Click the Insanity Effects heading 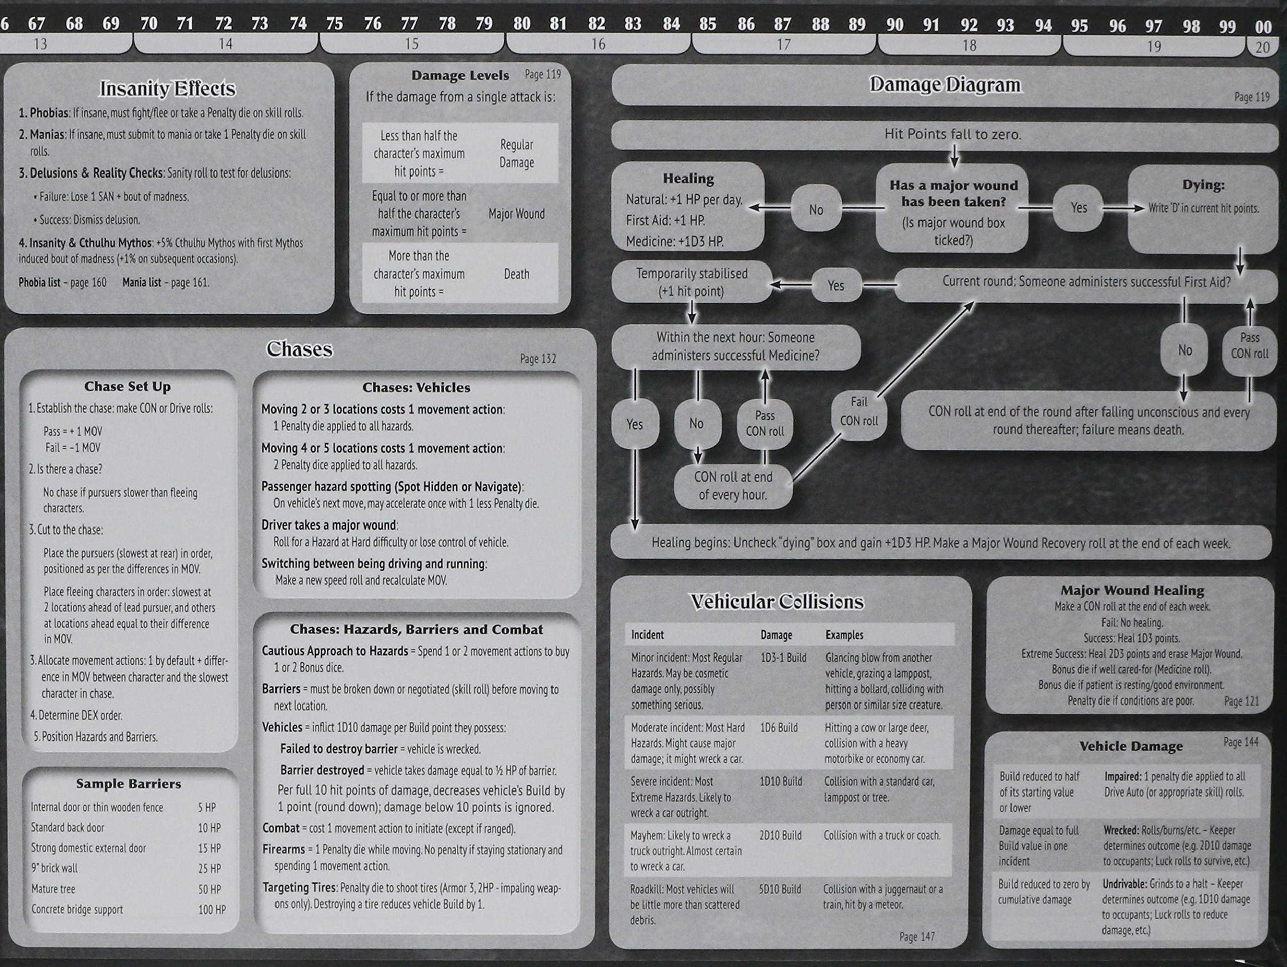click(x=167, y=89)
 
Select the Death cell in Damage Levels click(x=516, y=274)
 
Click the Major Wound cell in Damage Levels click(x=516, y=214)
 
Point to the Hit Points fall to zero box click(x=953, y=134)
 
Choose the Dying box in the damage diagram click(x=1203, y=198)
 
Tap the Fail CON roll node click(x=859, y=411)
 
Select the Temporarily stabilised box click(x=691, y=282)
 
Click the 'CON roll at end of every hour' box click(x=733, y=486)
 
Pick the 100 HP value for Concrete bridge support click(x=212, y=909)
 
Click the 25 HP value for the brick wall click(x=209, y=868)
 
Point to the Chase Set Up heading click(x=127, y=387)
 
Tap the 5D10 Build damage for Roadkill click(x=780, y=889)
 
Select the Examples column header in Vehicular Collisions click(x=844, y=635)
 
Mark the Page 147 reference click(x=916, y=937)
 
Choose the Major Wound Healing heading click(x=1132, y=590)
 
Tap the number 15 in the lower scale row click(x=411, y=44)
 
